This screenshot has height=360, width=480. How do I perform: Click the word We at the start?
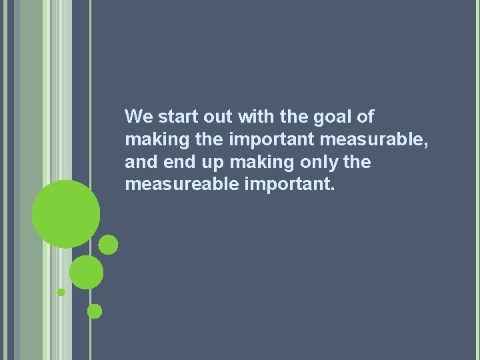(139, 117)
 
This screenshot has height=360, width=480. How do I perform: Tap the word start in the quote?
(175, 117)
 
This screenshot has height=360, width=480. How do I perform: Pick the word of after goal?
(365, 117)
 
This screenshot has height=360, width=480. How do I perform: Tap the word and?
(138, 162)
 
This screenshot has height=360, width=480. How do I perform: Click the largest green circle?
(66, 215)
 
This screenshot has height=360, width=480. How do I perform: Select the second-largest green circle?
(86, 272)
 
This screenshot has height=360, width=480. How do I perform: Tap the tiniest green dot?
(61, 292)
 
